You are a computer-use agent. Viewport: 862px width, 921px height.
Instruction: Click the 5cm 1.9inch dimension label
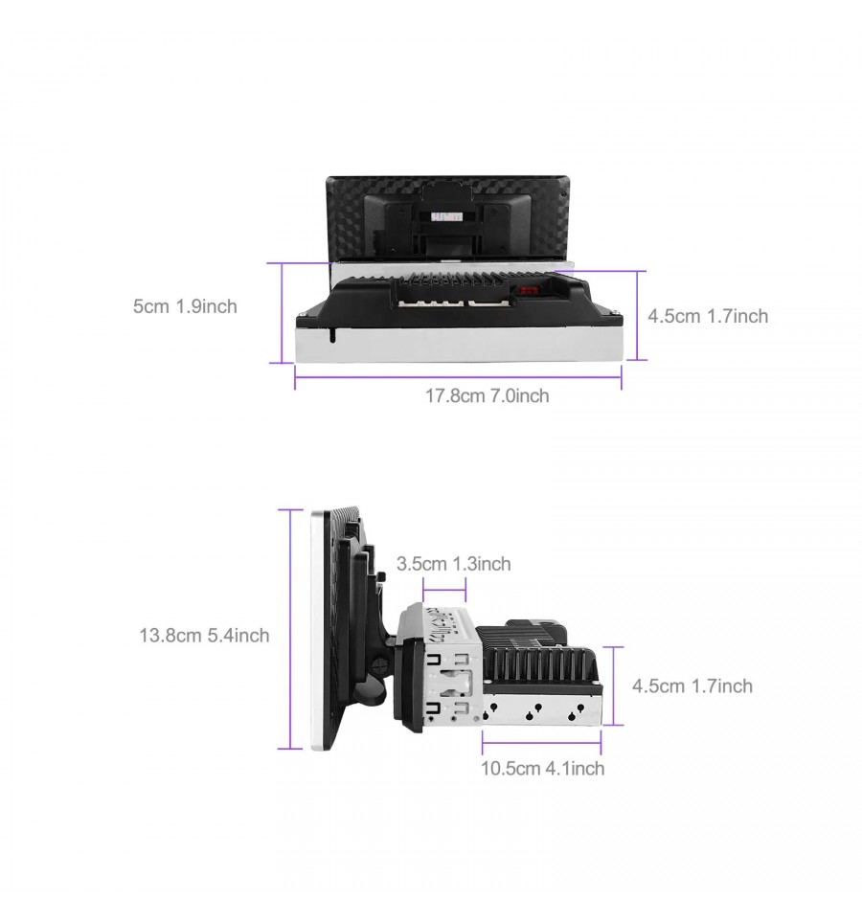(185, 306)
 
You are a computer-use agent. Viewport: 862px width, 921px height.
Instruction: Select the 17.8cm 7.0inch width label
(488, 395)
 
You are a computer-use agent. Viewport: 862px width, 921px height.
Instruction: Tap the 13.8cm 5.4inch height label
(204, 635)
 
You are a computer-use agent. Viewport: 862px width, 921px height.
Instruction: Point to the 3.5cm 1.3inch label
(454, 564)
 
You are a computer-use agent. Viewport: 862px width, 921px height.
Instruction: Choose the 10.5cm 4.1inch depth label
(542, 768)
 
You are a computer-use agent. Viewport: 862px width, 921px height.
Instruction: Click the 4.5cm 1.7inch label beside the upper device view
(708, 316)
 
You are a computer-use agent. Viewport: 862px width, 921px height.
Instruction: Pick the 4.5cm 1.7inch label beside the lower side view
(692, 686)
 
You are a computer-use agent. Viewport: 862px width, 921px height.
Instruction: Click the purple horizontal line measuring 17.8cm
(458, 376)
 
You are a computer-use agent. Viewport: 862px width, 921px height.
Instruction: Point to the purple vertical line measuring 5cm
(283, 312)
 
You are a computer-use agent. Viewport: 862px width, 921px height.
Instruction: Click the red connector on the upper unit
(527, 290)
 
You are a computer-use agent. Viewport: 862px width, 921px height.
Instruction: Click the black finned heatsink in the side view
(537, 662)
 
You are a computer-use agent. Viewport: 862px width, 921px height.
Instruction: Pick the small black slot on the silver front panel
(332, 335)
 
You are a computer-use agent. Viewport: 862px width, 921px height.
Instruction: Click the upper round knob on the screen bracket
(381, 577)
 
